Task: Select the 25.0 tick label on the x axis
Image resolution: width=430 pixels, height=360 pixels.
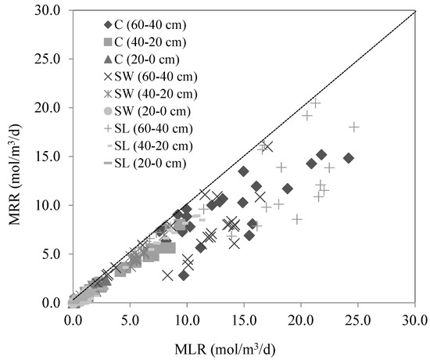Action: click(x=357, y=320)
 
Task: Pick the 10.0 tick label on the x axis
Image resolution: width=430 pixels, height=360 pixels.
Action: click(x=186, y=320)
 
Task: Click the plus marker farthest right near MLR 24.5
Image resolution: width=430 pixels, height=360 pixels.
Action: click(x=354, y=127)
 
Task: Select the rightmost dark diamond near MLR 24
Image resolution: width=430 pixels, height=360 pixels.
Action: click(x=349, y=157)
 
